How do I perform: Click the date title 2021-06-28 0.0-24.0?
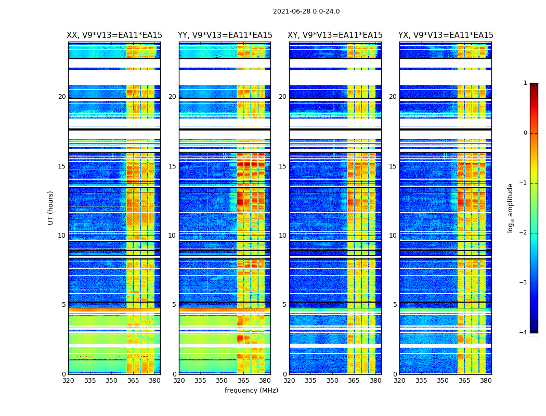[x=306, y=11]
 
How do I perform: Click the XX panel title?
[x=114, y=35]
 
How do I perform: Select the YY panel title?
[x=225, y=35]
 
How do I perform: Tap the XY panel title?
[x=335, y=35]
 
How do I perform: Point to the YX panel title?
[x=446, y=35]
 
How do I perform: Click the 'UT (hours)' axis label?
[x=51, y=207]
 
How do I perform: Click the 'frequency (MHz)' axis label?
[x=251, y=391]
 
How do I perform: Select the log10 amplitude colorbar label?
[x=511, y=207]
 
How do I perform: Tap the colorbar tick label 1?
[x=525, y=83]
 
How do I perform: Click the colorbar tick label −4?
[x=524, y=333]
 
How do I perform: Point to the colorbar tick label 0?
[x=525, y=133]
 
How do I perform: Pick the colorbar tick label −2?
[x=524, y=233]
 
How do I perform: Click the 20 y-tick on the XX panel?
[x=62, y=97]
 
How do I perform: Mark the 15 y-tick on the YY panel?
[x=172, y=166]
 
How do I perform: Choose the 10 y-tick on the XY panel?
[x=282, y=236]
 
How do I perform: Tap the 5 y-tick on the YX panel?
[x=395, y=305]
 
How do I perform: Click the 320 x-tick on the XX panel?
[x=68, y=381]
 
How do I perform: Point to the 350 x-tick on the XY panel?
[x=332, y=381]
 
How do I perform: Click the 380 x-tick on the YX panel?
[x=486, y=381]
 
